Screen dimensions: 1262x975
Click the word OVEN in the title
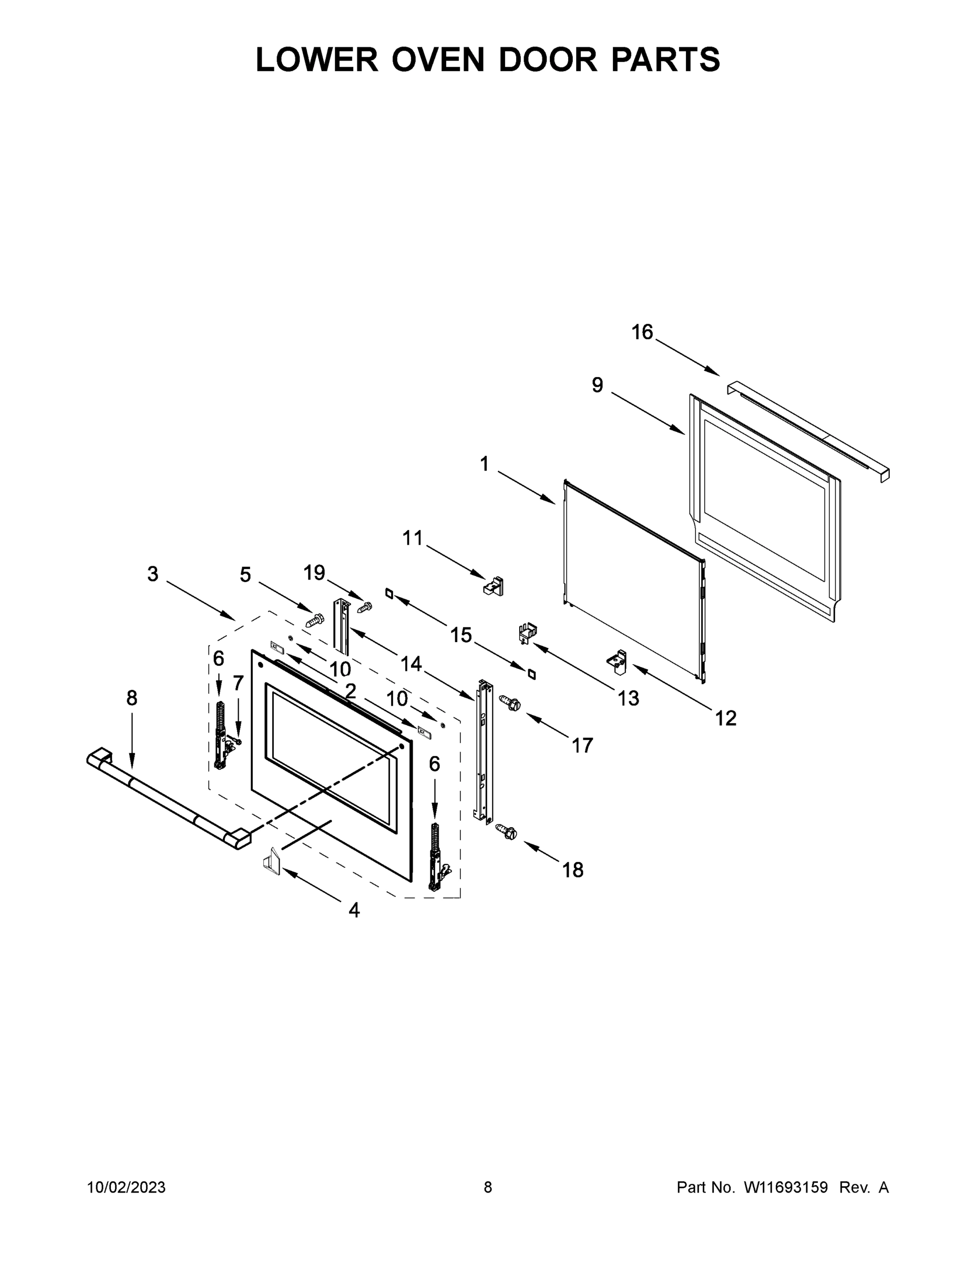pos(438,59)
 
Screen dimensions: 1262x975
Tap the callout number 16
pos(642,332)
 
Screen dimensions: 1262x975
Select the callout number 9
pos(597,385)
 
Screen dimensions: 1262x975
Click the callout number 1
pos(484,463)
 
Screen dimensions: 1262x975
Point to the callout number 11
pos(413,538)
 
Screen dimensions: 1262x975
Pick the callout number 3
pos(152,574)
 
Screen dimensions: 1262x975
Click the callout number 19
pos(314,573)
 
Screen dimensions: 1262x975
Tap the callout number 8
pos(132,699)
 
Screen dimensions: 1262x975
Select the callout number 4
pos(354,911)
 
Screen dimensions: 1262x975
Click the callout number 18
pos(573,870)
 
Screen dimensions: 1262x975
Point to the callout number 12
pos(726,718)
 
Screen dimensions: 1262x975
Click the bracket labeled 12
pos(617,661)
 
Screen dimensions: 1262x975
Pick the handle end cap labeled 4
pos(271,864)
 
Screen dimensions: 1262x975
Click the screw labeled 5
pos(314,620)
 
